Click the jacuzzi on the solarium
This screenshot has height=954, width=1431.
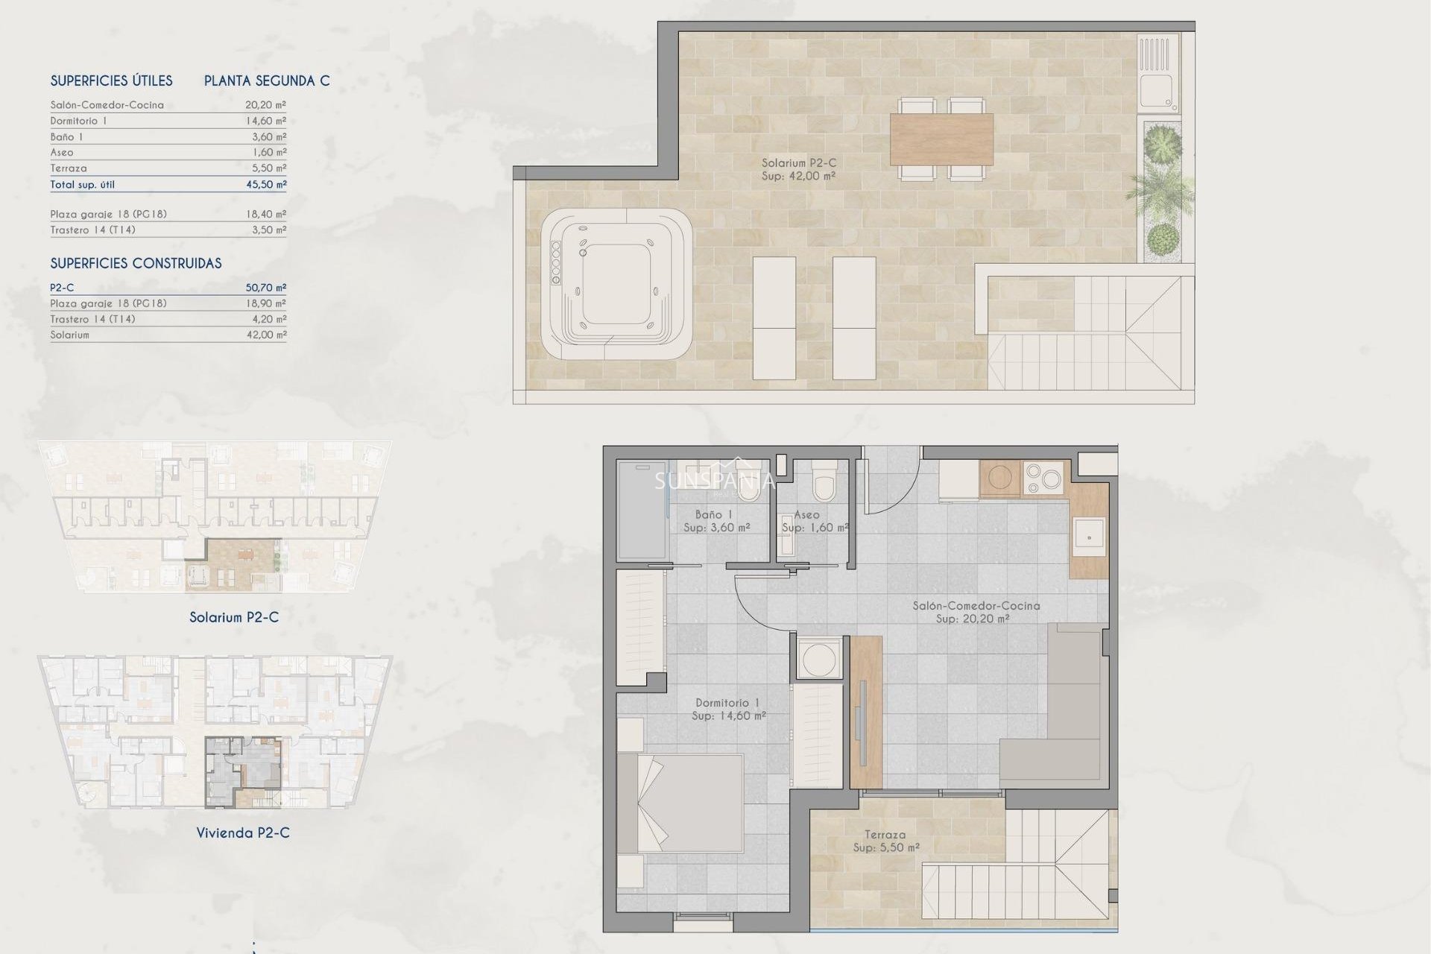616,283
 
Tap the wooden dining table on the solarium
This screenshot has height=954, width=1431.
941,139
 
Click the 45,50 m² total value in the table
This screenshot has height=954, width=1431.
266,184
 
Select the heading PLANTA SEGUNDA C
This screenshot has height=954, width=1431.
267,80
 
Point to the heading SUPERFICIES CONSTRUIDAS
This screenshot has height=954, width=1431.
136,263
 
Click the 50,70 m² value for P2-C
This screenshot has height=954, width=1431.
266,288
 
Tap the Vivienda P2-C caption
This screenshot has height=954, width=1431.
243,833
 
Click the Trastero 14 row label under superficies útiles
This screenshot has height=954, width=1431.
92,230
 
